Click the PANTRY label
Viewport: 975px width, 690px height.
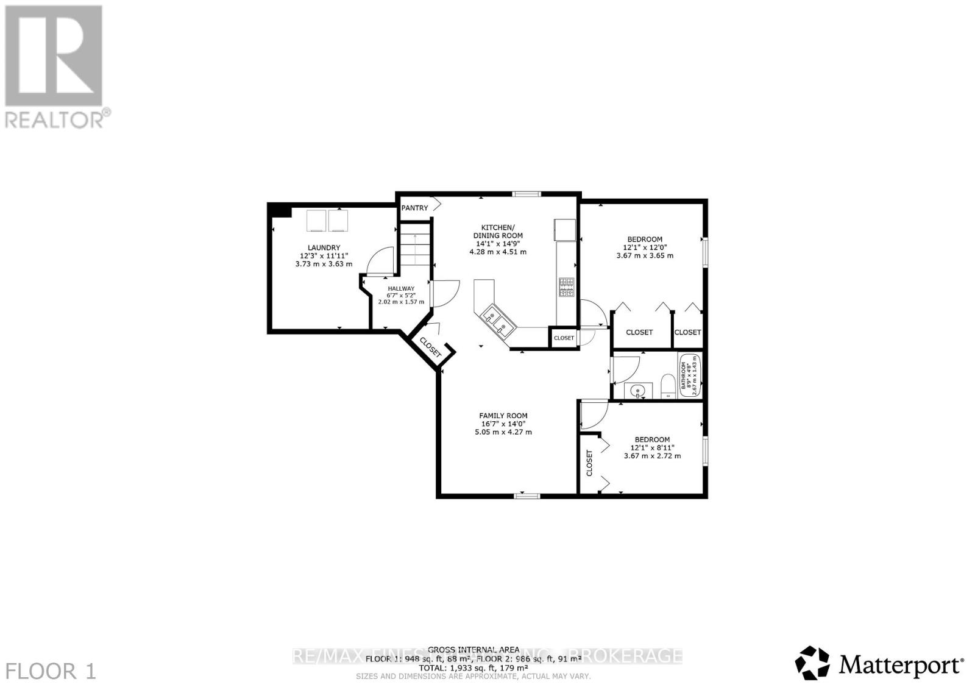tap(414, 208)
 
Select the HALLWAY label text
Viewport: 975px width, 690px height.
tap(401, 288)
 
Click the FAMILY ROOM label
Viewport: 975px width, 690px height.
tap(503, 416)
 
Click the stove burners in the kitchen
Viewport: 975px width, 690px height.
tap(567, 287)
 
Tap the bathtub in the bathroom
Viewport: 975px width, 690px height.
tap(690, 375)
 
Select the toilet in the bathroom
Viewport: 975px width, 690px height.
tap(667, 388)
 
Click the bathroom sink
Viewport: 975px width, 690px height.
tap(638, 390)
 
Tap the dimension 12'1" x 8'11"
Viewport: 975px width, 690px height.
tap(652, 447)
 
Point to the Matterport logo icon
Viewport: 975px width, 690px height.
tap(813, 663)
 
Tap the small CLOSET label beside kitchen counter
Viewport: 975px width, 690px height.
tap(564, 338)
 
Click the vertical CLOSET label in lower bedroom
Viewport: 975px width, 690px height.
tap(589, 463)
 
